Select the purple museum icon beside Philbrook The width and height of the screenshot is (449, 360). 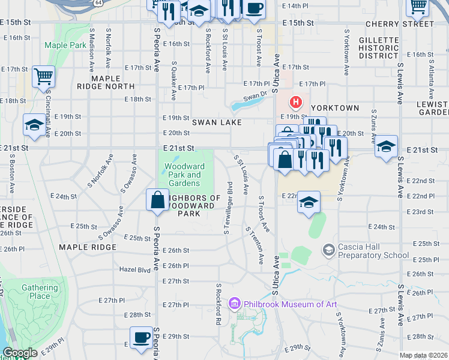235,303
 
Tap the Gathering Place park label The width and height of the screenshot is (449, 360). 40,292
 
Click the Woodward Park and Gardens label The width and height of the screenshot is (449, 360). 184,175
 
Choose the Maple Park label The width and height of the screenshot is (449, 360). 65,45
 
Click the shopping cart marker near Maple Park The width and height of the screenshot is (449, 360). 43,77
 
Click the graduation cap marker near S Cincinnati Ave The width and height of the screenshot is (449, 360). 34,125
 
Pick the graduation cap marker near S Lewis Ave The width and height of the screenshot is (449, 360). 386,147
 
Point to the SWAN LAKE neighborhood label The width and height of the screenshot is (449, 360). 217,122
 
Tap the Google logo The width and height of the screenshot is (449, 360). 20,353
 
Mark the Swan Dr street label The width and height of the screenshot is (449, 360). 255,97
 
